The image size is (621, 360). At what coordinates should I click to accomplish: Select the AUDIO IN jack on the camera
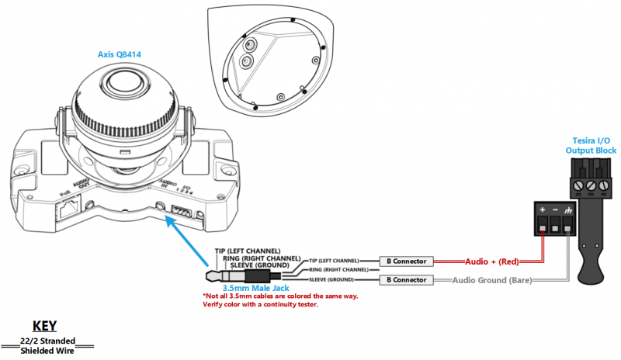click(x=161, y=206)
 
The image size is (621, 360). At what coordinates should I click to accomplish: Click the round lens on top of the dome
click(x=124, y=81)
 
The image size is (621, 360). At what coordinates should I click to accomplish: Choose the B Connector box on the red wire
click(x=404, y=261)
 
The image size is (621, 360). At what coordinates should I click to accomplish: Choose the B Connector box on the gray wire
click(x=404, y=279)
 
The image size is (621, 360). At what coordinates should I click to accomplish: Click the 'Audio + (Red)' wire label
click(x=491, y=261)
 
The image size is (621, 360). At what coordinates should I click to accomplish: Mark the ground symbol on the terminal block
click(x=571, y=210)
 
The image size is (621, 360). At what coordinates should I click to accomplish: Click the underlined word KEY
click(x=46, y=326)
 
